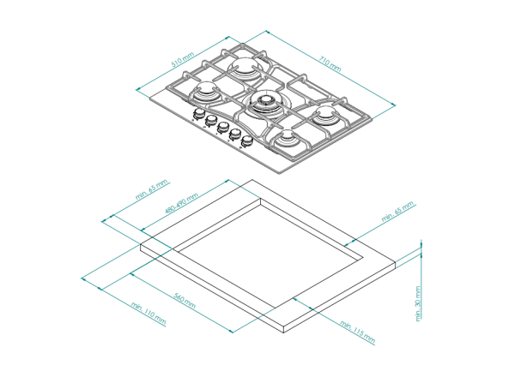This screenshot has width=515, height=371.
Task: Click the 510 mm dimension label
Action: coord(183,59)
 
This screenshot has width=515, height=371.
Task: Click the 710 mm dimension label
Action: coord(330,63)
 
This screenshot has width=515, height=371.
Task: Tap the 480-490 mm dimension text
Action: coord(182,203)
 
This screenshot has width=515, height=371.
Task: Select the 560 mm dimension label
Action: coord(185,301)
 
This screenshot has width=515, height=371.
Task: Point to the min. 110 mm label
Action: coord(148,313)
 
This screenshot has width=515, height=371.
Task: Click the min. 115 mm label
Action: coord(357,332)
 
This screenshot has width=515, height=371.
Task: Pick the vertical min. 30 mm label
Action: coord(418,303)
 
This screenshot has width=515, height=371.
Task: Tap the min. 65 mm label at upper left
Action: coord(152,189)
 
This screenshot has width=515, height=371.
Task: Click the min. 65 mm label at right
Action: coord(397,212)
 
